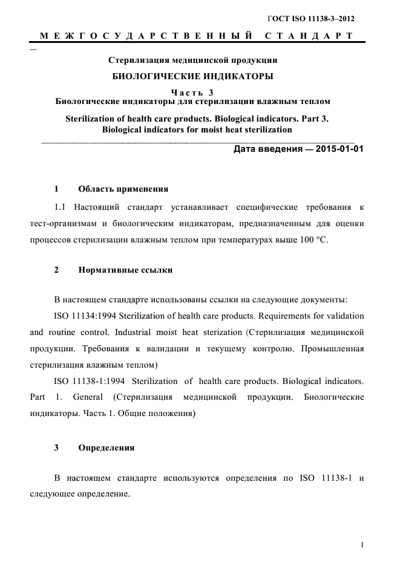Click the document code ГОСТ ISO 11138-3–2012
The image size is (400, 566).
tap(311, 19)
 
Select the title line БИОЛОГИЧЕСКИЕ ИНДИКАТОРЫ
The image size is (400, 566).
tap(193, 76)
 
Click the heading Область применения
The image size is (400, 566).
tap(123, 189)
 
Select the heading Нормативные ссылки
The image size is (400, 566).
tap(125, 270)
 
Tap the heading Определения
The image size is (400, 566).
tap(106, 448)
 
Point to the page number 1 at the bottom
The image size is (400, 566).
tap(362, 545)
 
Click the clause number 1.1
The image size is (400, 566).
tap(62, 207)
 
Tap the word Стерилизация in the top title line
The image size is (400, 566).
tap(137, 60)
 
